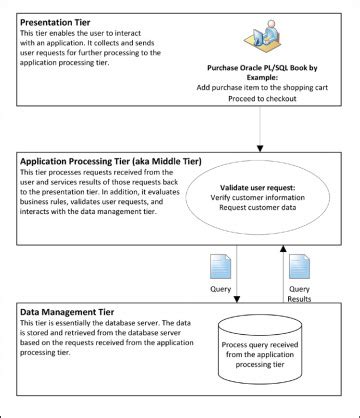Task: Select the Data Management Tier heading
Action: coord(66,311)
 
